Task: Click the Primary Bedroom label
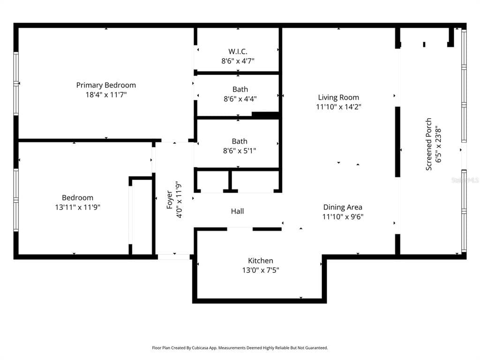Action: pyautogui.click(x=106, y=85)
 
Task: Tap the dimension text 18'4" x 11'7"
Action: pyautogui.click(x=106, y=94)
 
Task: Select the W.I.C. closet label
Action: pyautogui.click(x=238, y=51)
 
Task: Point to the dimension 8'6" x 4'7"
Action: pyautogui.click(x=238, y=60)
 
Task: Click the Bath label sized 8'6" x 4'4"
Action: pyautogui.click(x=240, y=89)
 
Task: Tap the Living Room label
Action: pyautogui.click(x=338, y=97)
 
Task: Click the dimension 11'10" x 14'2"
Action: pyautogui.click(x=338, y=106)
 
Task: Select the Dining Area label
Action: pyautogui.click(x=343, y=207)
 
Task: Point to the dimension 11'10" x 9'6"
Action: pyautogui.click(x=343, y=216)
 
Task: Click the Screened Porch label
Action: pyautogui.click(x=428, y=144)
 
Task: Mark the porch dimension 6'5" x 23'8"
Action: pyautogui.click(x=438, y=144)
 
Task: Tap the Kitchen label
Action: pyautogui.click(x=261, y=261)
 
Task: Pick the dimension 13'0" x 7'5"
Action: pyautogui.click(x=261, y=270)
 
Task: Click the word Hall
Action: pyautogui.click(x=237, y=211)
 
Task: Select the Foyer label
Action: pyautogui.click(x=169, y=199)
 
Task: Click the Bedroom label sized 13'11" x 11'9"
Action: pyautogui.click(x=77, y=197)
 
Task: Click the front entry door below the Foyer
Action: pyautogui.click(x=173, y=256)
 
